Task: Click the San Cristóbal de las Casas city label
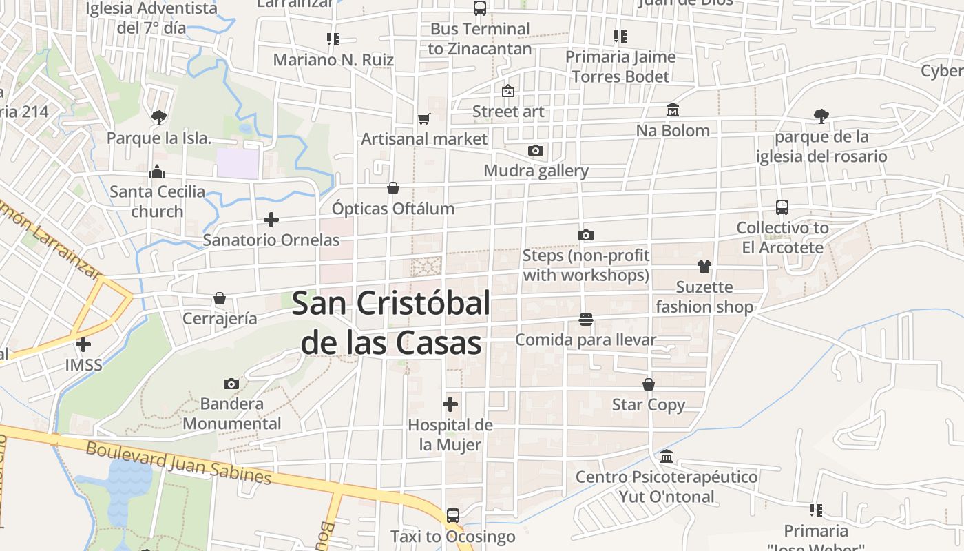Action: [391, 322]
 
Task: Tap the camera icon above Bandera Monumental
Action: [231, 384]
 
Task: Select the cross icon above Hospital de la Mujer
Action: [450, 404]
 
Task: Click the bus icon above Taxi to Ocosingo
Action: [452, 515]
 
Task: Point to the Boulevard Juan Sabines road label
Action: [179, 462]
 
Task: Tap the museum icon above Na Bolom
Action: [672, 110]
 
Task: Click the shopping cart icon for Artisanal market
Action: [424, 118]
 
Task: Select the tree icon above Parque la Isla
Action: [159, 117]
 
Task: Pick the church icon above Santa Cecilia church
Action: [157, 171]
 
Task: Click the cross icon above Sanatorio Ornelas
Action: [271, 220]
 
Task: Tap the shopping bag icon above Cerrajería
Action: [220, 298]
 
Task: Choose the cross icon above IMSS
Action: [83, 344]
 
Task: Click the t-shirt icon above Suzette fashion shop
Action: [704, 267]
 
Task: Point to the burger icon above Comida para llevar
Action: [586, 319]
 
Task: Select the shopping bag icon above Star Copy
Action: [649, 384]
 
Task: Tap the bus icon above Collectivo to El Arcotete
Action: [782, 207]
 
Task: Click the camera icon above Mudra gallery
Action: [536, 150]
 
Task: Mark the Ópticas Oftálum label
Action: [393, 208]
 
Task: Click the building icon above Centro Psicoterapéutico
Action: [666, 456]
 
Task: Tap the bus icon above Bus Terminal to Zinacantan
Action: [480, 8]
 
